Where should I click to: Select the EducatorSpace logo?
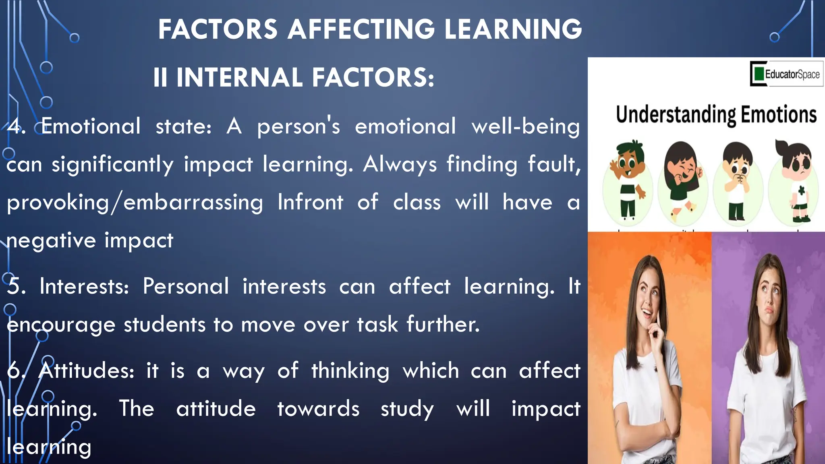click(x=786, y=74)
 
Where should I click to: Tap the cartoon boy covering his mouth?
click(x=737, y=181)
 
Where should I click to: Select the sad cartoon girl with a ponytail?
click(x=794, y=181)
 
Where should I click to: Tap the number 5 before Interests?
click(x=16, y=286)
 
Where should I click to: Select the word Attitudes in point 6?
click(x=86, y=370)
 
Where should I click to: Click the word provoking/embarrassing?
click(x=135, y=203)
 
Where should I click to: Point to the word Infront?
click(x=310, y=202)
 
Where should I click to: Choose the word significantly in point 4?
click(x=112, y=165)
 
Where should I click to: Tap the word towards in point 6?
click(x=318, y=409)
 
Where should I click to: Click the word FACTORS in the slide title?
click(x=218, y=29)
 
